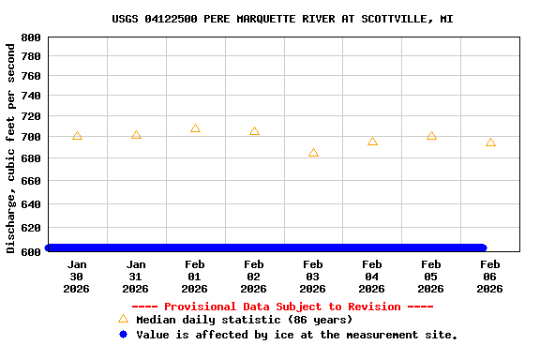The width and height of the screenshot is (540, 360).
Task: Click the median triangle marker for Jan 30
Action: (77, 136)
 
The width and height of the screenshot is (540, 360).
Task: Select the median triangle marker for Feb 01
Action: (195, 128)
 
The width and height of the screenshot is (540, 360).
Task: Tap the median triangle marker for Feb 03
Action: (313, 153)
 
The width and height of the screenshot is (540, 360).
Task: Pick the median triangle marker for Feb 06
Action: (490, 142)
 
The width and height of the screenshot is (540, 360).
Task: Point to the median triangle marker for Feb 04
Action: (372, 142)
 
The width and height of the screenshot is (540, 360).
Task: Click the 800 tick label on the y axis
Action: (30, 37)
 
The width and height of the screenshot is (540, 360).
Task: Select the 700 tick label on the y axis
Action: (30, 137)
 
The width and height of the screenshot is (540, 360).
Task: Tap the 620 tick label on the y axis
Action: (30, 228)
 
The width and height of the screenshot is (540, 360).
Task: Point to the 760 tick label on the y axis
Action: (30, 76)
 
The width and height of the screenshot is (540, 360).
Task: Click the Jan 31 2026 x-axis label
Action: (136, 277)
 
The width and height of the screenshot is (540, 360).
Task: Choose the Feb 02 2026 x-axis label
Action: (254, 277)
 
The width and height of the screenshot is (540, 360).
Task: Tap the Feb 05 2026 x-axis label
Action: (431, 277)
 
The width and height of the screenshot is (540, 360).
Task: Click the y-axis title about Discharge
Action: (11, 145)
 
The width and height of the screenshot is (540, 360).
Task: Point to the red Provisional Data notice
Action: (282, 307)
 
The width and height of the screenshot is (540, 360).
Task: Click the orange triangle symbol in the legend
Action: (123, 319)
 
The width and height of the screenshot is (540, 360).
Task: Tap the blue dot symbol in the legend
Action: (123, 334)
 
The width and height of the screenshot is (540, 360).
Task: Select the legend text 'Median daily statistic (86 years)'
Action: (244, 320)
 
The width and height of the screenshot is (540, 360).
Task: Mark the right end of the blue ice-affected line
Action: (483, 247)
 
